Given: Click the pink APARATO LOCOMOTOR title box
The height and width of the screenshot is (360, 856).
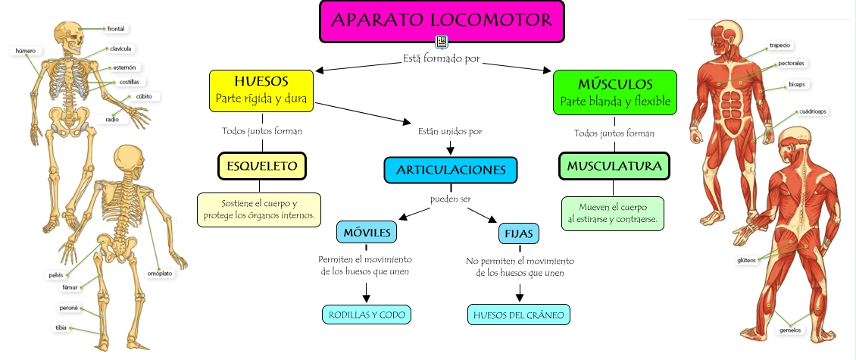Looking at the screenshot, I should (442, 21).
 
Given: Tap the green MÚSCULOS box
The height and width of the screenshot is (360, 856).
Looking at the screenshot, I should (614, 92).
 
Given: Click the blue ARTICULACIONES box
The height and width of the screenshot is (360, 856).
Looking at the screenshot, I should (450, 171).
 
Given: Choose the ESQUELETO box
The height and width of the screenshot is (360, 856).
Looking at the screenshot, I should (262, 166).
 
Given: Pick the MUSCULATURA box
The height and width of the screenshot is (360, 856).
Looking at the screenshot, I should (614, 166).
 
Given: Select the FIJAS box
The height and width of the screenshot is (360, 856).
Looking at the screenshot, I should (519, 233).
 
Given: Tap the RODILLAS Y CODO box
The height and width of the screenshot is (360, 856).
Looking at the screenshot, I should (367, 315).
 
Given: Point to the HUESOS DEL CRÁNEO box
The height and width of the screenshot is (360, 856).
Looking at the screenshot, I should (519, 315).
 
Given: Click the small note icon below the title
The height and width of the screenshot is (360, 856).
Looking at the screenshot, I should (442, 42).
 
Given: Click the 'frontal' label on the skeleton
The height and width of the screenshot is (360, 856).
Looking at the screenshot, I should (116, 29).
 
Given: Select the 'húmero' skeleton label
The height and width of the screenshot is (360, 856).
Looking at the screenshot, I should (26, 51).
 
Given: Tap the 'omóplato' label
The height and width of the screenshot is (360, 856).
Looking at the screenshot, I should (160, 272).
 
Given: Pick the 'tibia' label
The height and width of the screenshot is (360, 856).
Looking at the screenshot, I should (61, 327).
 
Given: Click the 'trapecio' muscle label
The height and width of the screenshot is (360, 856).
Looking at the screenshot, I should (779, 45).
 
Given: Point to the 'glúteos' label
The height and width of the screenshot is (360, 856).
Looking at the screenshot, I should (746, 260).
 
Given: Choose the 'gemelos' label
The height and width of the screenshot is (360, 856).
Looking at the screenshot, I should (790, 330).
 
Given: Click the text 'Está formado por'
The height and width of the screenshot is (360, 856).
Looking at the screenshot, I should (442, 58).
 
